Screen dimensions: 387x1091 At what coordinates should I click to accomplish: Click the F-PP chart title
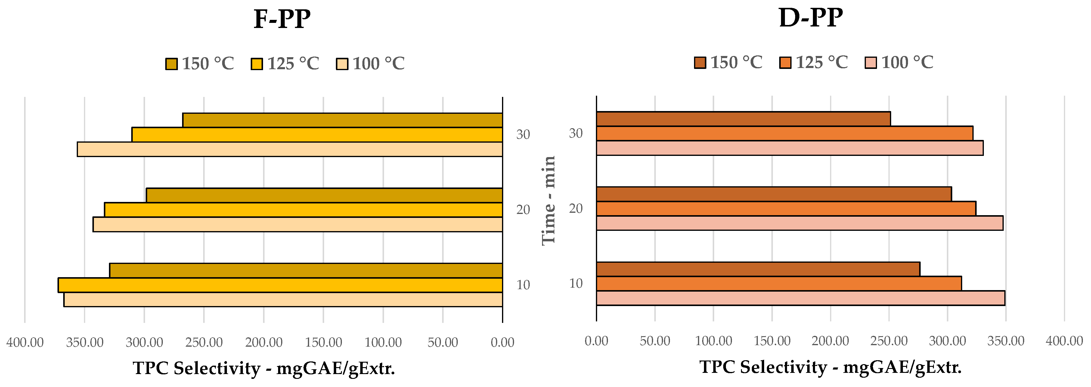(x=282, y=19)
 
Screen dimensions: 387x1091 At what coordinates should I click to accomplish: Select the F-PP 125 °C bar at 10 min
(x=280, y=285)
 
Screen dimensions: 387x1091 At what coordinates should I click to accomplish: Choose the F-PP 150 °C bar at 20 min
(x=324, y=195)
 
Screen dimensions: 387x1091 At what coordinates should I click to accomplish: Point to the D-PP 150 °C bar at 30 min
(x=743, y=119)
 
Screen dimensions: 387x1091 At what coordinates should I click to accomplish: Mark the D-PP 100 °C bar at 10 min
(x=801, y=298)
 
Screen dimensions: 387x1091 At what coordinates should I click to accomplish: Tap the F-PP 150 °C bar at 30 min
(x=342, y=120)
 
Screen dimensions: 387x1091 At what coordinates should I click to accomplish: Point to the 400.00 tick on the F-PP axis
(x=25, y=342)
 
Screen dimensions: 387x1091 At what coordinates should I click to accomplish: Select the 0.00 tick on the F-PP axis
(x=502, y=342)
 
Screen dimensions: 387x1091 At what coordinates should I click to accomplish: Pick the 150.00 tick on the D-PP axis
(x=772, y=341)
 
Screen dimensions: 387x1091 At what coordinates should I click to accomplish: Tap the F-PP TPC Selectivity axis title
(x=264, y=368)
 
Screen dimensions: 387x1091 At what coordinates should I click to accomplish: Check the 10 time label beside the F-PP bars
(x=523, y=285)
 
